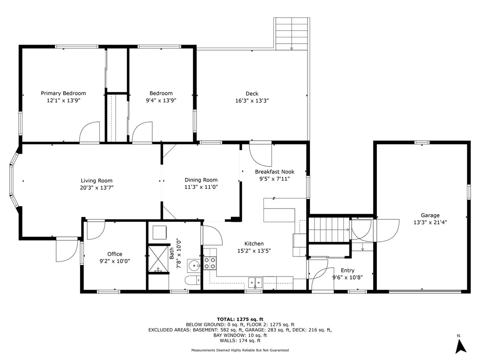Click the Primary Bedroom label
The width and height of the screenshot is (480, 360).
pos(63,93)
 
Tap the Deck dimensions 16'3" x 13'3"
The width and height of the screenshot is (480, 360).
pos(252,101)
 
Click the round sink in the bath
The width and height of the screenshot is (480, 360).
pos(193,265)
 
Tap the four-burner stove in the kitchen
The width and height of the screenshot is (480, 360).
pos(210,263)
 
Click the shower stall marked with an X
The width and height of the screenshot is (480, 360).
pos(158,256)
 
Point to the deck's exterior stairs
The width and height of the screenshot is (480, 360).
pos(292,33)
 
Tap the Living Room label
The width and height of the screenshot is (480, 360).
pos(97,180)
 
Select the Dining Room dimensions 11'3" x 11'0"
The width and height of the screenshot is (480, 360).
pos(201,187)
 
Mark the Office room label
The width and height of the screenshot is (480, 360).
pos(115,254)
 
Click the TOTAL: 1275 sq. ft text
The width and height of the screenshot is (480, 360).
pos(240,318)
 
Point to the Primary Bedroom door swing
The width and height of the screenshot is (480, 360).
pos(90,132)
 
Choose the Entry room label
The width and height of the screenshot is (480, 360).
pos(347,270)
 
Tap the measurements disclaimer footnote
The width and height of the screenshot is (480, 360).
pos(240,350)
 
